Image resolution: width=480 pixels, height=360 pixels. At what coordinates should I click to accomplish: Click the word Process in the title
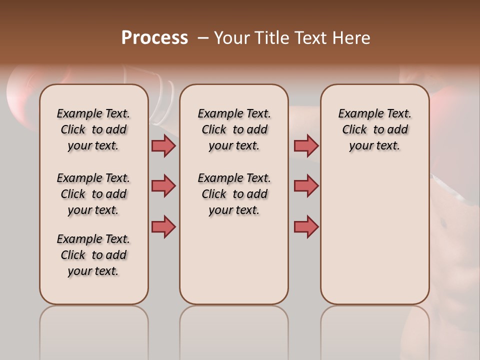pos(154,38)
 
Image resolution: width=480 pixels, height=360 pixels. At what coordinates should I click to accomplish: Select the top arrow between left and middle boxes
pos(163,145)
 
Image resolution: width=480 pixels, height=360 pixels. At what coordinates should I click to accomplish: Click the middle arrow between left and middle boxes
pos(163,186)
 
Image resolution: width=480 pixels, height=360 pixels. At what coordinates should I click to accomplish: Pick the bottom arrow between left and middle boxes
pos(163,226)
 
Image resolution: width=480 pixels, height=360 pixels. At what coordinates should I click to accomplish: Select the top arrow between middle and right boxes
pos(306,145)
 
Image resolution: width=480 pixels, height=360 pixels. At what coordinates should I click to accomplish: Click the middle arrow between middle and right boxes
pos(306,186)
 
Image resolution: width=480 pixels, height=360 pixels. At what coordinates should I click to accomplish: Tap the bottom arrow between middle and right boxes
pos(306,226)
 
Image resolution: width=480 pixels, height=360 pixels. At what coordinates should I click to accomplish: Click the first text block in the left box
pos(93,129)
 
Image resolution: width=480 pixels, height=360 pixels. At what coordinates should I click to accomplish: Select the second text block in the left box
pos(93,194)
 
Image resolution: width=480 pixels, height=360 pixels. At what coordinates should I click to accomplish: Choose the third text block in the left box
pos(93,255)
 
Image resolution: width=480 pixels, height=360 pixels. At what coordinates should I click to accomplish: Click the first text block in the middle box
pos(234,129)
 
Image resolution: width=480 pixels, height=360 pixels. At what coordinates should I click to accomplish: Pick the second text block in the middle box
pos(234,194)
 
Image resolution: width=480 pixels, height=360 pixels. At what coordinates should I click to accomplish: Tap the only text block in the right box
pos(374,129)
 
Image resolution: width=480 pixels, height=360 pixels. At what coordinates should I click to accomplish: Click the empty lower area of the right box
pos(374,235)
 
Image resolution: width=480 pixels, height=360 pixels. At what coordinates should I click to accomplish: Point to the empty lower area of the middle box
pos(234,260)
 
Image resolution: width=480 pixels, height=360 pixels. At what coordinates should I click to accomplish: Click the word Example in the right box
pos(357,113)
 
